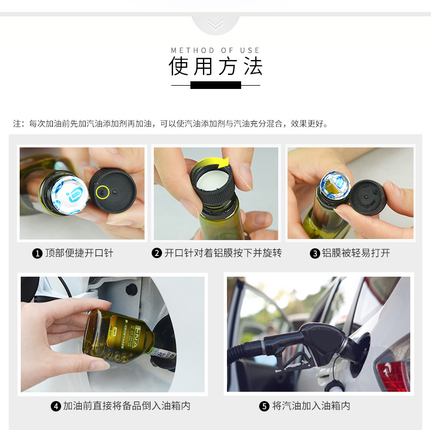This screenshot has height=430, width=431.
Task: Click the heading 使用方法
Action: pos(215,66)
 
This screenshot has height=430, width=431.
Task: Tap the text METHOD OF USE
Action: pos(215,50)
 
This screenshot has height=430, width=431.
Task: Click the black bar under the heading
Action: pos(216,85)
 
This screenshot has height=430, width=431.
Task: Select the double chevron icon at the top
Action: pos(215,25)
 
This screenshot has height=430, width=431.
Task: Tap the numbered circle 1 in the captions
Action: pos(38,253)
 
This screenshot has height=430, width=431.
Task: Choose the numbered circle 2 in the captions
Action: pos(157,253)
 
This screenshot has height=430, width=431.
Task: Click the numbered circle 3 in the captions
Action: pos(315,253)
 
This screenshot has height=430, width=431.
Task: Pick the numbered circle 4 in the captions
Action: pos(56,406)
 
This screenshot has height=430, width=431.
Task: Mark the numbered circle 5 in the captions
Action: pos(264,406)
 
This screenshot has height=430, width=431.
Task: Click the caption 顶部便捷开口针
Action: pos(79,253)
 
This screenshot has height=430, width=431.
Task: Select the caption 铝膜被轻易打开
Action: pos(356,253)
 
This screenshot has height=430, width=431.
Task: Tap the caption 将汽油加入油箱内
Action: pos(311,406)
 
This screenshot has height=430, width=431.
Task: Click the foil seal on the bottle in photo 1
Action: pos(69,195)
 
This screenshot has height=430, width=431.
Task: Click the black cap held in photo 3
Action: pos(368,197)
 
